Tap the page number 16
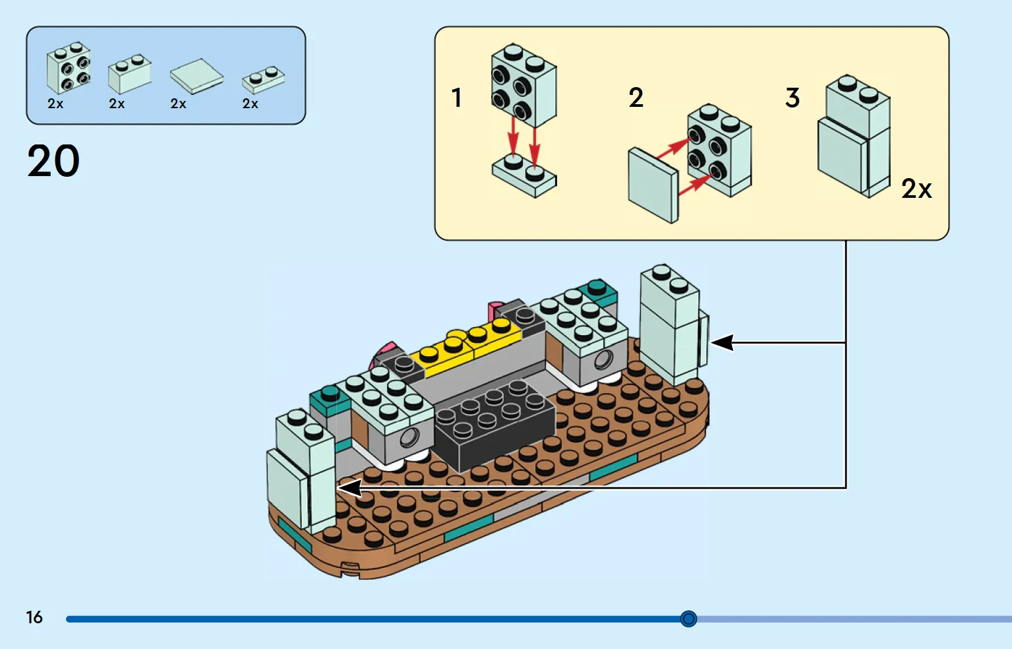[x=34, y=617]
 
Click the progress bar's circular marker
[x=688, y=619]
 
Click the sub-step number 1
[x=457, y=98]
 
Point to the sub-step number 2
[x=636, y=98]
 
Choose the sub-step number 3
[x=793, y=98]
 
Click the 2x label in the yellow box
[x=916, y=189]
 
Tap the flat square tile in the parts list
[x=196, y=77]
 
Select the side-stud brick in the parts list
[x=69, y=68]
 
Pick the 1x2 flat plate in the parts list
[x=264, y=80]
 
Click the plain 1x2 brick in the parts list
[x=130, y=74]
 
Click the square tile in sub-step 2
[x=653, y=185]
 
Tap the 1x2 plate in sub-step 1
[x=525, y=176]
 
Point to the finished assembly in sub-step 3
[x=854, y=137]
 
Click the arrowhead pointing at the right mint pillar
[x=721, y=342]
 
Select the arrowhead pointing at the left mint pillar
[x=349, y=487]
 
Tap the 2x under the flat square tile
[x=178, y=104]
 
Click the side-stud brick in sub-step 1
[x=524, y=86]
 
